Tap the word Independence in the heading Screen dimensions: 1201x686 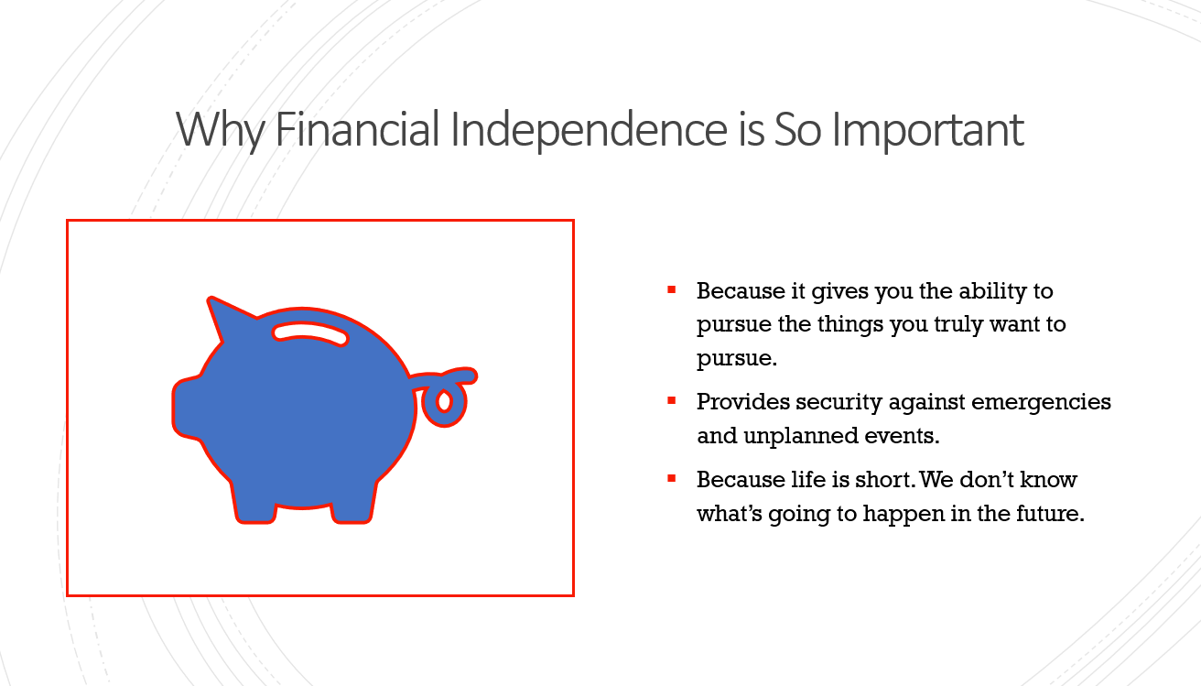coord(589,130)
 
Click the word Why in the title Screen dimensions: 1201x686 coord(220,130)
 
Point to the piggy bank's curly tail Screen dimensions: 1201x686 coord(445,396)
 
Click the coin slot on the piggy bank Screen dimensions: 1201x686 coord(310,333)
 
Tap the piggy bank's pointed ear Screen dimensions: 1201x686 coord(225,318)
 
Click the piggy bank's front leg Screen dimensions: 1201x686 coord(254,502)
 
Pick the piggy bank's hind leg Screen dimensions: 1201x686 coord(352,502)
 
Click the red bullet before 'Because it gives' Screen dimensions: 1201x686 coord(671,290)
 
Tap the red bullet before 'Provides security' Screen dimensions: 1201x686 coord(671,400)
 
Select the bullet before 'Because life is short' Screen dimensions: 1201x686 coord(671,478)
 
